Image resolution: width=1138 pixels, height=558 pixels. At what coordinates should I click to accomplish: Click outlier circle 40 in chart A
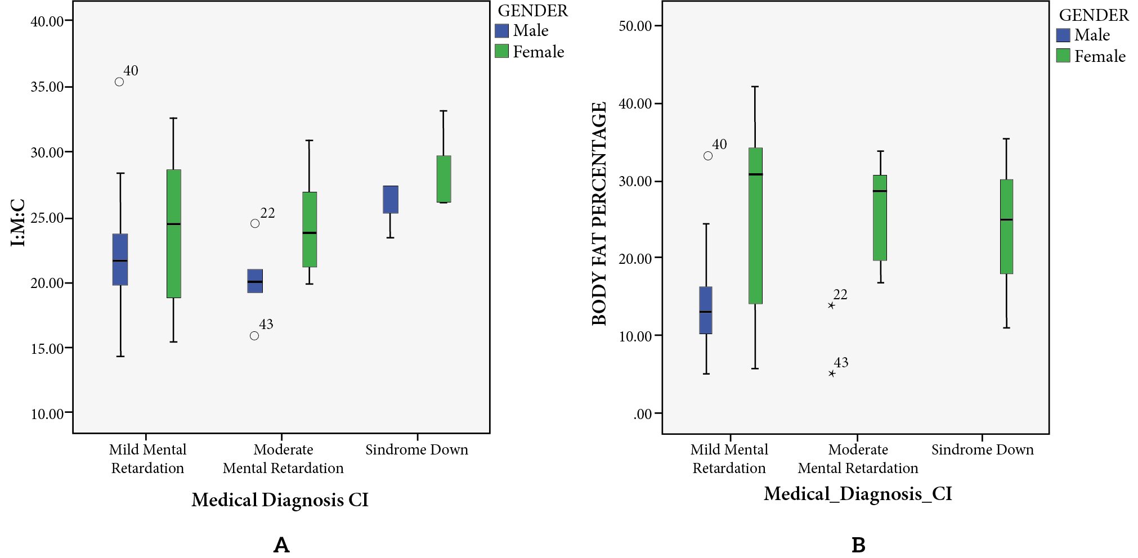119,82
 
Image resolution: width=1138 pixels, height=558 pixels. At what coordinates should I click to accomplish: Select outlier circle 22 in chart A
255,224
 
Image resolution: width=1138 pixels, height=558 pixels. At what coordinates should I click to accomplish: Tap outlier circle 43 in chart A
254,336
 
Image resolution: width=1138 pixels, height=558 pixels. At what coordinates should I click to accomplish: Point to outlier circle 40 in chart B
708,156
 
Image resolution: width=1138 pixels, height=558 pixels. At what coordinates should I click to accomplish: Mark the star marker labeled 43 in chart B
832,373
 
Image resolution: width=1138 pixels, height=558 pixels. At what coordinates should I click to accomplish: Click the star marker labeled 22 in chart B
831,305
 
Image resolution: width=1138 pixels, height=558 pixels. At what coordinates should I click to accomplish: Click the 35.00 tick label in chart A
47,87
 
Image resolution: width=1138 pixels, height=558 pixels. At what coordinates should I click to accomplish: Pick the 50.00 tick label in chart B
635,26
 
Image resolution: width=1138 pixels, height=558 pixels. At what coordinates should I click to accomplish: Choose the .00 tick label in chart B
643,415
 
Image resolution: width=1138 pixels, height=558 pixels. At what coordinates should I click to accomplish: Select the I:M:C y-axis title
18,223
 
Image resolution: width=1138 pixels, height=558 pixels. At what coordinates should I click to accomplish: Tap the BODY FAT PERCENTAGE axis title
599,214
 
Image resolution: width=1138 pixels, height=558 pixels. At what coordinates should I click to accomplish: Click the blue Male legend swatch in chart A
501,30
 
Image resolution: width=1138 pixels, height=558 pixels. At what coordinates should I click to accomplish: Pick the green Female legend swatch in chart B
1063,56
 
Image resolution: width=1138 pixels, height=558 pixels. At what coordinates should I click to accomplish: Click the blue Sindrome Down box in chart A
391,200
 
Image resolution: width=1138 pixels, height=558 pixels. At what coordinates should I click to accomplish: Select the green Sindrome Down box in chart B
1006,227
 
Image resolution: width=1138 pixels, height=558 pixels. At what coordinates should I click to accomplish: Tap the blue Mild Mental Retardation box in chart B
706,310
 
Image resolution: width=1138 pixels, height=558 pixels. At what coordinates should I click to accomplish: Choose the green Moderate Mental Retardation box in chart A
310,229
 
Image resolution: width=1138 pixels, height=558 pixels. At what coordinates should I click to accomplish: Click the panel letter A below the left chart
281,544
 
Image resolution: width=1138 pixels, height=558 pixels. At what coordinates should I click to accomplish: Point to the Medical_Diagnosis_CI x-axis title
858,494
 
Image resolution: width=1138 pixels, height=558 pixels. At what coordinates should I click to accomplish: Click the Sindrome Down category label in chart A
416,450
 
